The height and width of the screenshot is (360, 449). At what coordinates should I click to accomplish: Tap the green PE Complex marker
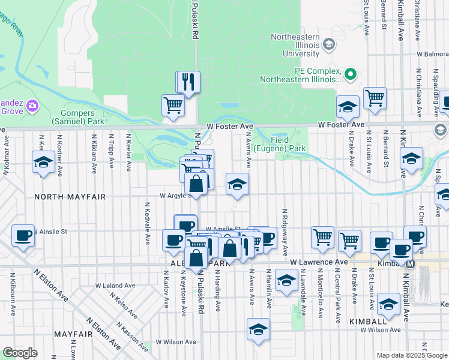(351, 74)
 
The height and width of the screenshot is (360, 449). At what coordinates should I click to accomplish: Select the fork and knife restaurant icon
(188, 82)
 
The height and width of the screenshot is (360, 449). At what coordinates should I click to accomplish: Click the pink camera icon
(32, 106)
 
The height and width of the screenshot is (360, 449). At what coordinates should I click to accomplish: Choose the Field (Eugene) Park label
(279, 144)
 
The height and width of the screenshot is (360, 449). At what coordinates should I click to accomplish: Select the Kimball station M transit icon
(411, 264)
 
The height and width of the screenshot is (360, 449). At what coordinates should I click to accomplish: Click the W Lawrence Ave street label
(319, 262)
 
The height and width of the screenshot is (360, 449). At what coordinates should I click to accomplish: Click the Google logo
(20, 353)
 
